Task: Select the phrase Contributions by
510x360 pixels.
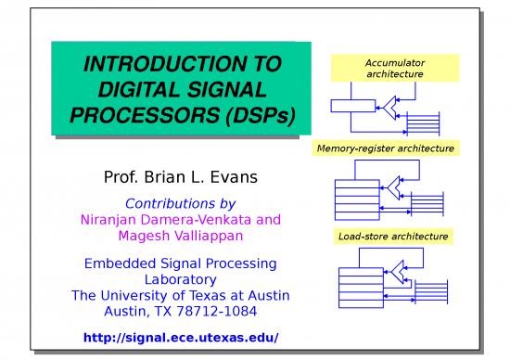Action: point(180,203)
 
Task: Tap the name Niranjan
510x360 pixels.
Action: point(108,220)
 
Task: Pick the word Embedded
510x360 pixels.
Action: point(119,264)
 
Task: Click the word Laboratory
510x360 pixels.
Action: point(180,279)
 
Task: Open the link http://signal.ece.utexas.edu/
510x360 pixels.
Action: point(180,337)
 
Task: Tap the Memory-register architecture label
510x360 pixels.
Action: point(390,149)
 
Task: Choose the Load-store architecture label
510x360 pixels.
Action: point(393,237)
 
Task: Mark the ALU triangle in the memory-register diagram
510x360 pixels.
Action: point(398,187)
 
